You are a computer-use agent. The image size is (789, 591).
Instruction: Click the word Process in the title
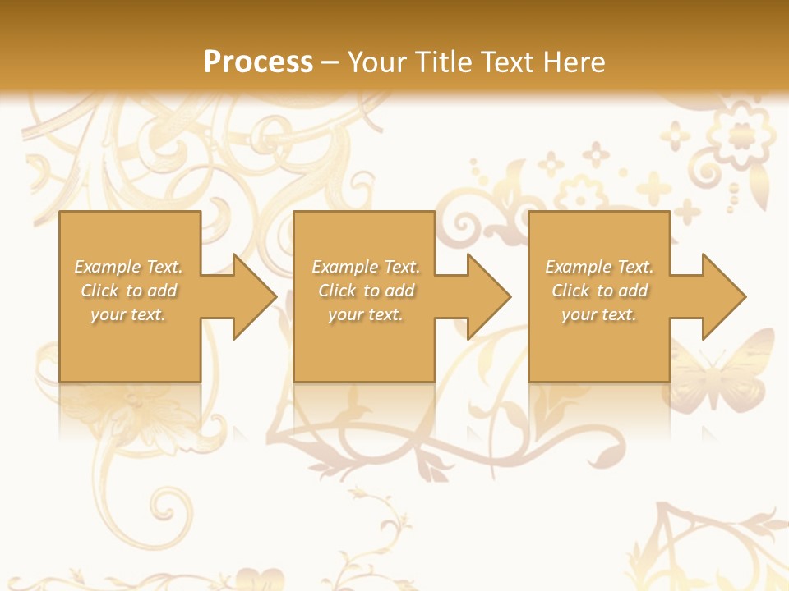[x=258, y=62]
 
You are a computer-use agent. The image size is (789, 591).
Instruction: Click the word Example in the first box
[x=107, y=267]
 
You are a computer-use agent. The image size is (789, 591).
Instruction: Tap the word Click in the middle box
[x=337, y=291]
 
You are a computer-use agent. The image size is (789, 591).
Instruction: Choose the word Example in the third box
[x=578, y=267]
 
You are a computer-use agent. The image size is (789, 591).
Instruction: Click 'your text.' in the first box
[x=128, y=314]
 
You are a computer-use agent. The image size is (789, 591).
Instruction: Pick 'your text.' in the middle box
[x=365, y=314]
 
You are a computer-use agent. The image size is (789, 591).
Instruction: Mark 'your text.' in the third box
[x=598, y=314]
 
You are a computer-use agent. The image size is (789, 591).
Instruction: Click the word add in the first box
[x=162, y=291]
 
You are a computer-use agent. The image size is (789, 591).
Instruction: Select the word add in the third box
[x=633, y=291]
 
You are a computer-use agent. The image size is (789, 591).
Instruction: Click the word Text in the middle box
[x=400, y=267]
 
